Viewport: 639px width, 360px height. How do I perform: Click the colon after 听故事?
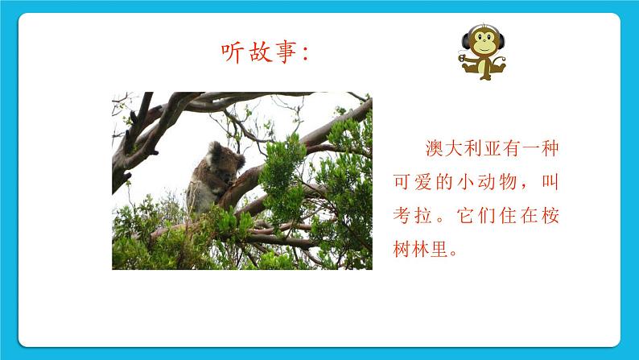pos(309,55)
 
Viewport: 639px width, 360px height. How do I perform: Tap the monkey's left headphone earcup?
pos(466,41)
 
